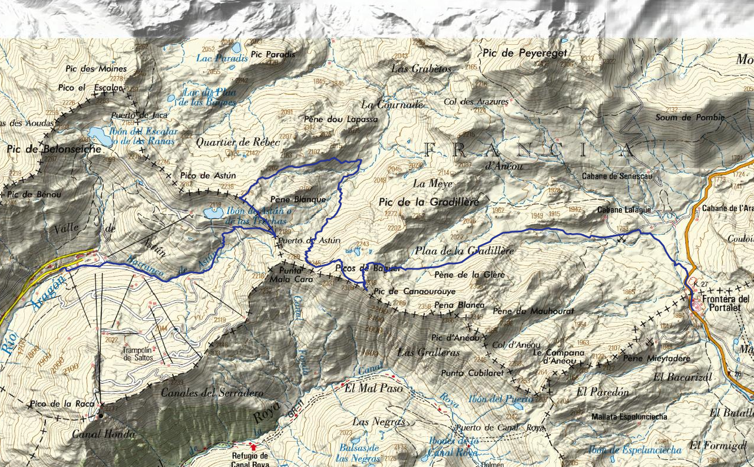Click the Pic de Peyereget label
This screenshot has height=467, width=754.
(525, 53)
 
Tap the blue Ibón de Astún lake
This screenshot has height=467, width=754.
(213, 212)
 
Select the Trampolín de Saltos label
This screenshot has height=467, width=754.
(137, 354)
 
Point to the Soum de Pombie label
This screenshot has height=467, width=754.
(690, 117)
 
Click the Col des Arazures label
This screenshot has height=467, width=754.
(475, 101)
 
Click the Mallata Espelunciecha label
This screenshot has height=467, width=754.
(629, 416)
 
